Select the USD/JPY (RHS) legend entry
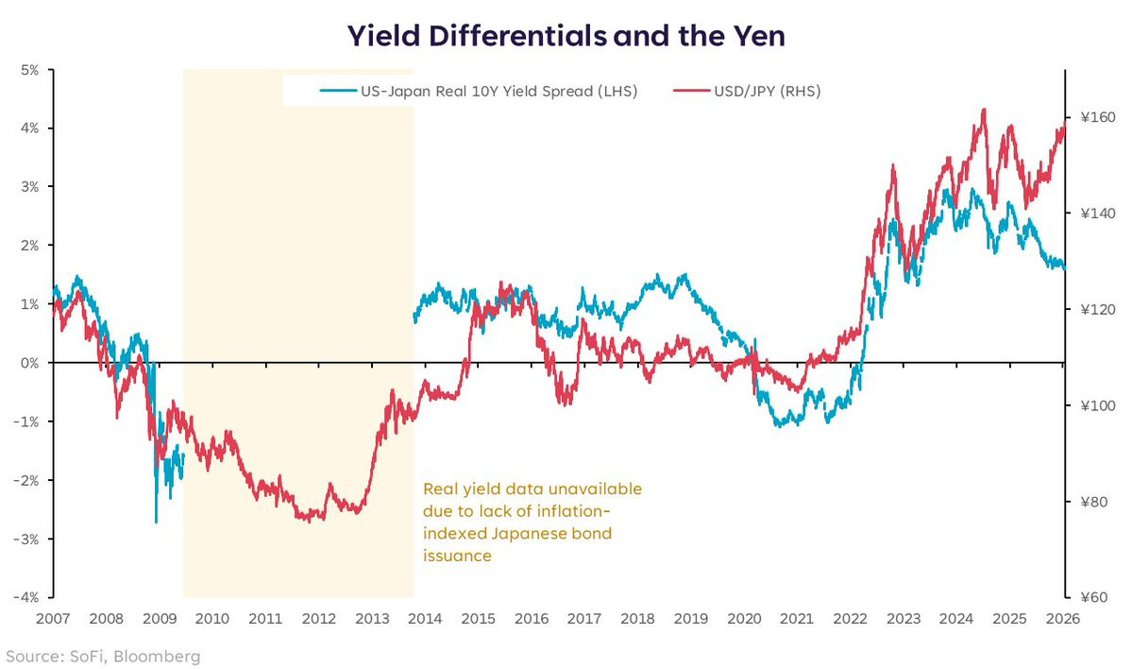coord(747,92)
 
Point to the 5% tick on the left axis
coord(28,70)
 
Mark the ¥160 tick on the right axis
coord(1095,118)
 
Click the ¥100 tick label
coord(1095,405)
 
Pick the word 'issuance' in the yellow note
coord(457,557)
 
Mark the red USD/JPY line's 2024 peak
coord(984,110)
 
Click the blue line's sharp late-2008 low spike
coord(156,522)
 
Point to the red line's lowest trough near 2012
coord(310,520)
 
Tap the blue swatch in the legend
coord(338,92)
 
